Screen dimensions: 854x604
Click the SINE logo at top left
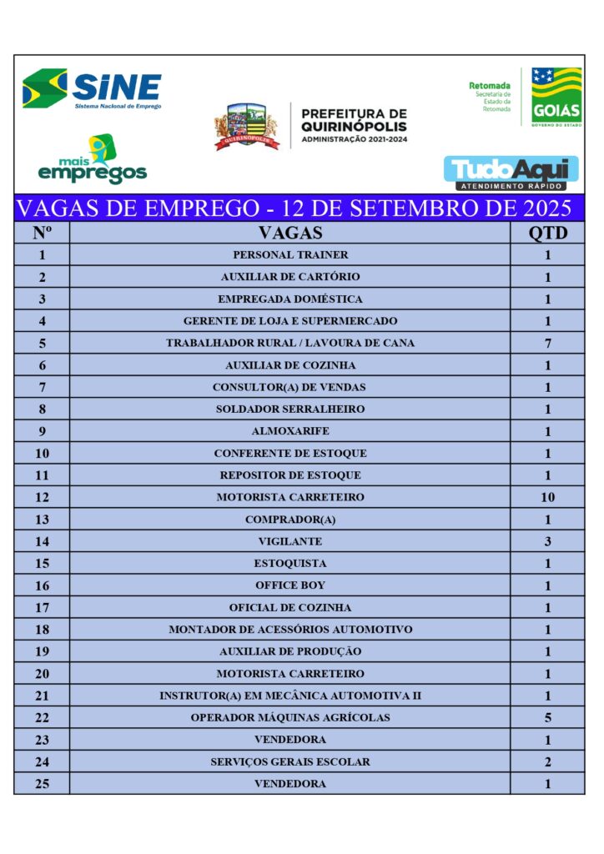point(92,89)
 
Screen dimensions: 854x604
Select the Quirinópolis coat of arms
point(246,126)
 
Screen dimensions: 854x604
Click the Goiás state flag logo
point(556,96)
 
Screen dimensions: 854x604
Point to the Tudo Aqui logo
point(511,173)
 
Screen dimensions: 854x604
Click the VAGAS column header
point(289,233)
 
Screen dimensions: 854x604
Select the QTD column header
point(547,233)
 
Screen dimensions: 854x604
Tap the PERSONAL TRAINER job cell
point(289,255)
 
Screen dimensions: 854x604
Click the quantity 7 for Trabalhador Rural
point(547,343)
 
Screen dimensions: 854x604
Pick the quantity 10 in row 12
point(547,497)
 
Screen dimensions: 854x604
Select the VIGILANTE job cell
point(289,541)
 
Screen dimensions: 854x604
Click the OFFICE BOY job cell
point(289,585)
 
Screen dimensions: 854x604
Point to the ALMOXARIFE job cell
point(289,431)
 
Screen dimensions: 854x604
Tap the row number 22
point(42,717)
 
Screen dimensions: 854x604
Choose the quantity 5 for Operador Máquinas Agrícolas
point(547,717)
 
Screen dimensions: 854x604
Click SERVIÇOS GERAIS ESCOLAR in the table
point(289,761)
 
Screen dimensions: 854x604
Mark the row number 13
point(42,520)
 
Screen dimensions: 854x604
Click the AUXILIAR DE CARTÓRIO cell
point(289,277)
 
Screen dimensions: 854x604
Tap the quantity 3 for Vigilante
point(547,541)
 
